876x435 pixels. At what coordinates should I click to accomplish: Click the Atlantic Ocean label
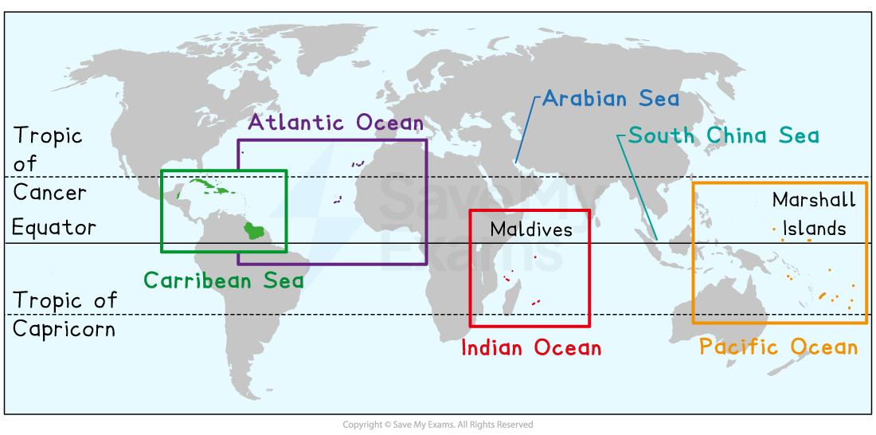pos(335,122)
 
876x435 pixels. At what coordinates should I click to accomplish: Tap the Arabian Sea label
pos(611,99)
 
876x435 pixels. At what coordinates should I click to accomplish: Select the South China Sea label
pos(723,135)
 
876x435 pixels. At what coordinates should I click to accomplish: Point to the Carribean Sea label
pos(223,280)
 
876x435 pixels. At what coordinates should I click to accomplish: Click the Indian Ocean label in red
pos(531,347)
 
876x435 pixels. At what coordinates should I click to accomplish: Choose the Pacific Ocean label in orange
pos(778,347)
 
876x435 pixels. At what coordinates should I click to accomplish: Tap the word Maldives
pos(530,230)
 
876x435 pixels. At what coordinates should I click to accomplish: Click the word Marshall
pos(814,199)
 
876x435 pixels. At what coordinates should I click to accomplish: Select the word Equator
pos(53,228)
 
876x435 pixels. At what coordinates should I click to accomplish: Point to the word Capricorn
pos(64,329)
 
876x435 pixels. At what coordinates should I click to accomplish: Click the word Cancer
pos(49,193)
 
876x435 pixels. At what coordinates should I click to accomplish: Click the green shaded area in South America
pos(254,231)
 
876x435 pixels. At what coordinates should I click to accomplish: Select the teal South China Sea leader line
pos(637,186)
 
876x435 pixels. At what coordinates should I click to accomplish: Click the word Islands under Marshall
pos(814,229)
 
